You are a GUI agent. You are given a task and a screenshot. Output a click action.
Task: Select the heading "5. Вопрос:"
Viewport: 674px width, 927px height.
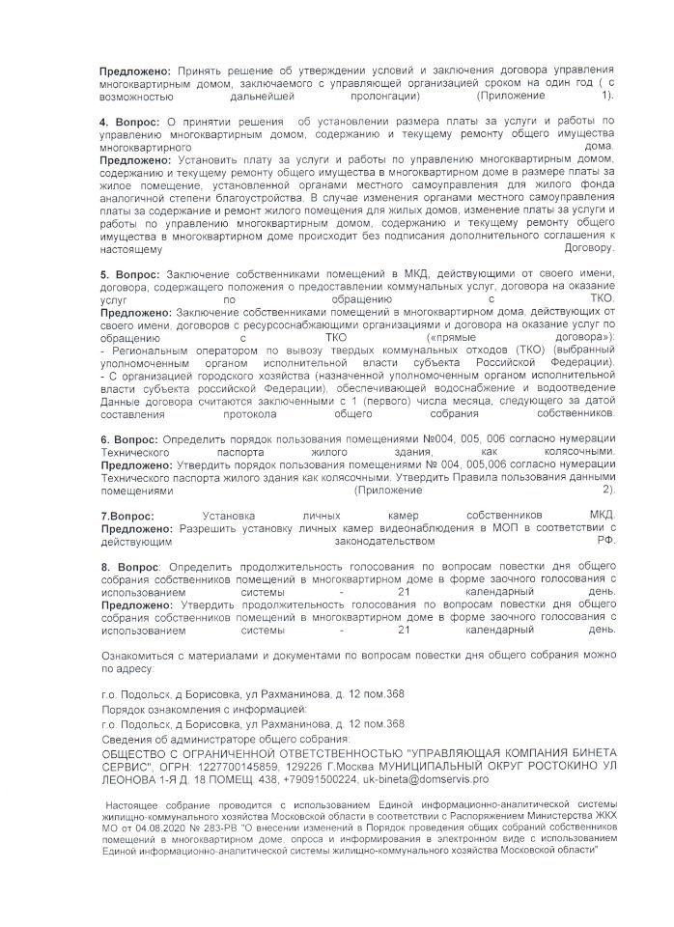[131, 274]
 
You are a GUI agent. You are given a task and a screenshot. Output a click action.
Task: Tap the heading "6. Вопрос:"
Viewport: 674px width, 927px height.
[131, 439]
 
